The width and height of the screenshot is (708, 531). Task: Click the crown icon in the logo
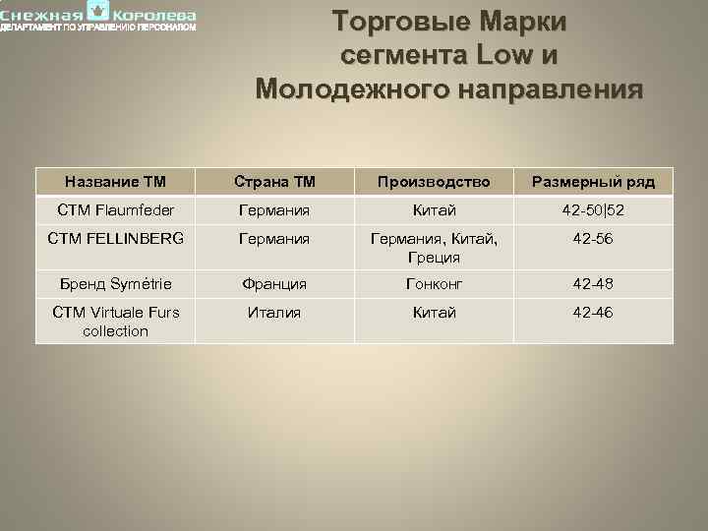point(98,11)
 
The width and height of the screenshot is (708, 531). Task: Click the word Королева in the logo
point(154,16)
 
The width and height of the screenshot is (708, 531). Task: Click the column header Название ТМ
point(115,181)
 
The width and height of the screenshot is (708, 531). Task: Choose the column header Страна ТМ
point(274,181)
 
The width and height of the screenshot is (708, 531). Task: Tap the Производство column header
point(434,181)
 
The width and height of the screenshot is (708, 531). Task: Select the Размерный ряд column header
point(593,181)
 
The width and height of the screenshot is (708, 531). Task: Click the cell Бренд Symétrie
point(115,283)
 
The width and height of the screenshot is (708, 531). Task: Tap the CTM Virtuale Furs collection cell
point(115,322)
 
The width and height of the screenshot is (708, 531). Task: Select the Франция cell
point(274,283)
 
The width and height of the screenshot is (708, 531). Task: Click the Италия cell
point(274,313)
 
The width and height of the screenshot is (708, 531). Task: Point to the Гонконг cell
point(434,283)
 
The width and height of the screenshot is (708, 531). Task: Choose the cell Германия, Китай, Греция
point(434,248)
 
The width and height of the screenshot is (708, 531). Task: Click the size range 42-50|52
point(593,209)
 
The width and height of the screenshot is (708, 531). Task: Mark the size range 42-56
point(593,238)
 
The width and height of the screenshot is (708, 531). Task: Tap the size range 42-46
point(593,313)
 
